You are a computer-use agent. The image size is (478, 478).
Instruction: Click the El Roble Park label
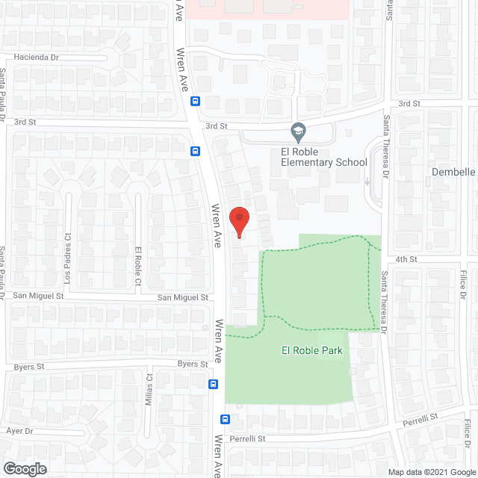[311, 350]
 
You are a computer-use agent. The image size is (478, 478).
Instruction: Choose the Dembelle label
[453, 172]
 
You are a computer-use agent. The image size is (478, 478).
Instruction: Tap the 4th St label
[406, 259]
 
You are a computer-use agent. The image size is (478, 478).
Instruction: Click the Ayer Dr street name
[19, 431]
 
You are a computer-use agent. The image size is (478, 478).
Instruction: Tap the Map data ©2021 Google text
[430, 471]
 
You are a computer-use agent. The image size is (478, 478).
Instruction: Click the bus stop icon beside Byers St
[214, 385]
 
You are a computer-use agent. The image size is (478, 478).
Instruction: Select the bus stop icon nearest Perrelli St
[225, 420]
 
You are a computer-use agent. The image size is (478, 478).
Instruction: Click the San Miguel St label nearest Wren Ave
[182, 297]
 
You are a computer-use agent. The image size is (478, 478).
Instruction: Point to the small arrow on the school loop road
[368, 181]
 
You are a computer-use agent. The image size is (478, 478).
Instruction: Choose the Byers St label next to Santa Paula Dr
[30, 367]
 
